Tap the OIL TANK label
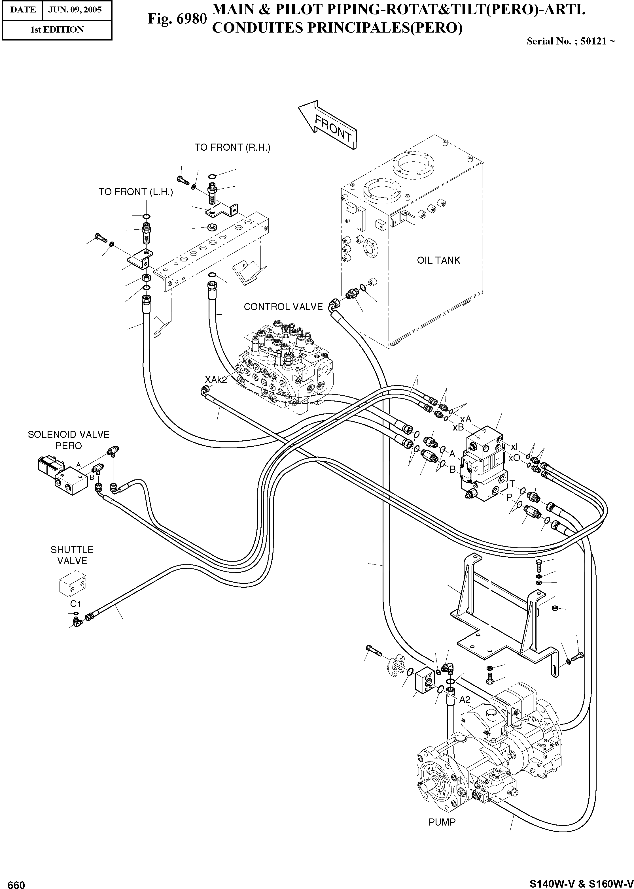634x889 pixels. [x=438, y=260]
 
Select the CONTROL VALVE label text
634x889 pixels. [x=283, y=307]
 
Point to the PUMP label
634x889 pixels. [x=442, y=822]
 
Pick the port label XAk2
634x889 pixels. [x=216, y=380]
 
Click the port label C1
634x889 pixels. [x=76, y=604]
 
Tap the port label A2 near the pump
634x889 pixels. [x=465, y=700]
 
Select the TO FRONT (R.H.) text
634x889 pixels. [x=232, y=148]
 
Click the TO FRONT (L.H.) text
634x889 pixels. [x=135, y=192]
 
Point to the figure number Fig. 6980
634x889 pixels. [x=177, y=18]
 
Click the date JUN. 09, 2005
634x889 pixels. [x=75, y=10]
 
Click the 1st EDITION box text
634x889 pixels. [x=57, y=30]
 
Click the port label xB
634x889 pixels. [x=458, y=427]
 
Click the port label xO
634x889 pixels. [x=514, y=458]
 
